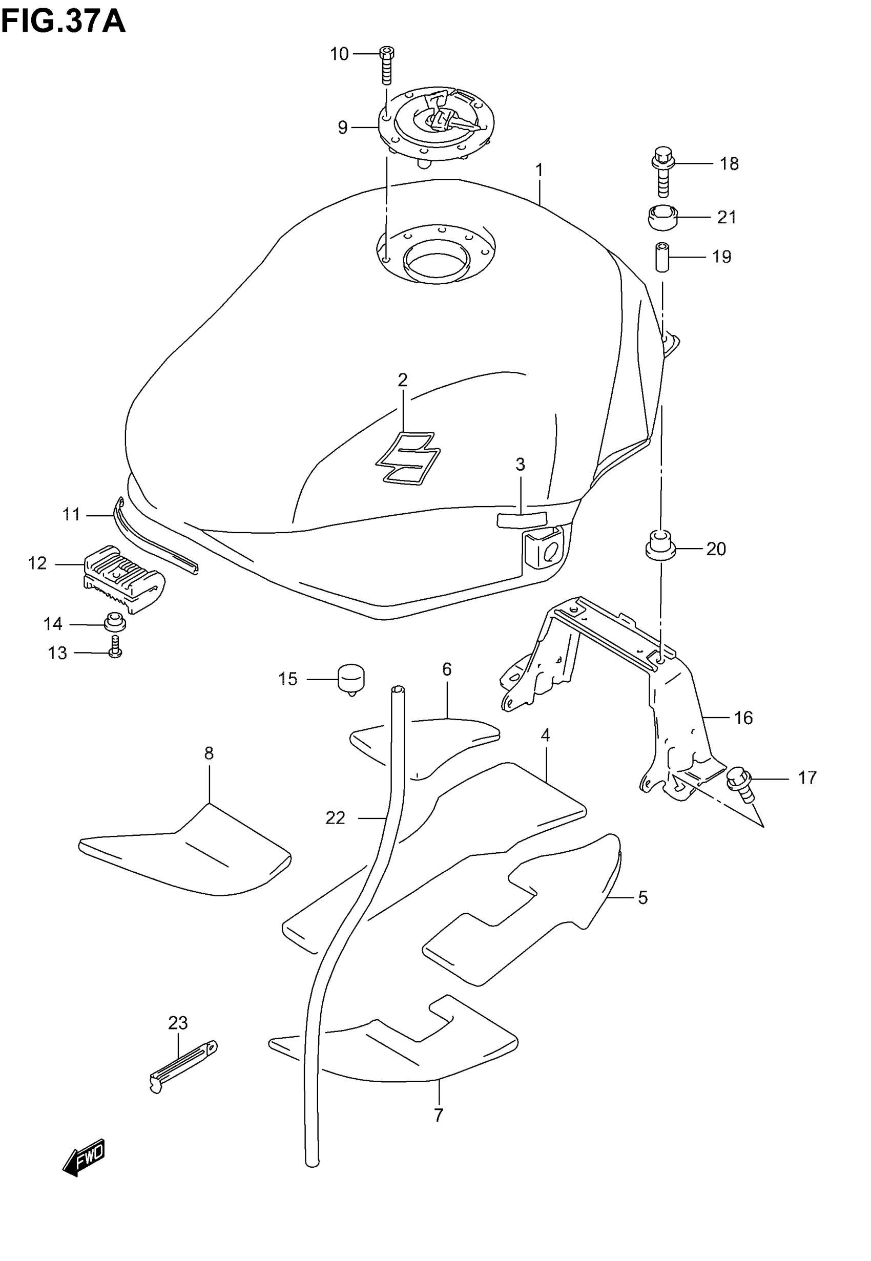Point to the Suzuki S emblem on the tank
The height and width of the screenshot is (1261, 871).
[408, 457]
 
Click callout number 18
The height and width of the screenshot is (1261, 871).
[729, 163]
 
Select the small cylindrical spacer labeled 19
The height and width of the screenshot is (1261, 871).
[662, 256]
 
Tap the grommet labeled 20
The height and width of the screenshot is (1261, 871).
[660, 545]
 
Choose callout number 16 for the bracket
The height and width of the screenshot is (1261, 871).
[743, 718]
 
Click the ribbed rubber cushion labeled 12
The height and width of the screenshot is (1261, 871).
[125, 578]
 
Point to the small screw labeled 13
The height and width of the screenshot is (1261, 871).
[115, 646]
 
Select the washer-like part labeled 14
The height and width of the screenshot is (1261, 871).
[115, 622]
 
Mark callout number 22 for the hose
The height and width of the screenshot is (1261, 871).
[335, 817]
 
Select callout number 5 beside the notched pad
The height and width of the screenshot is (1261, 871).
[642, 897]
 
